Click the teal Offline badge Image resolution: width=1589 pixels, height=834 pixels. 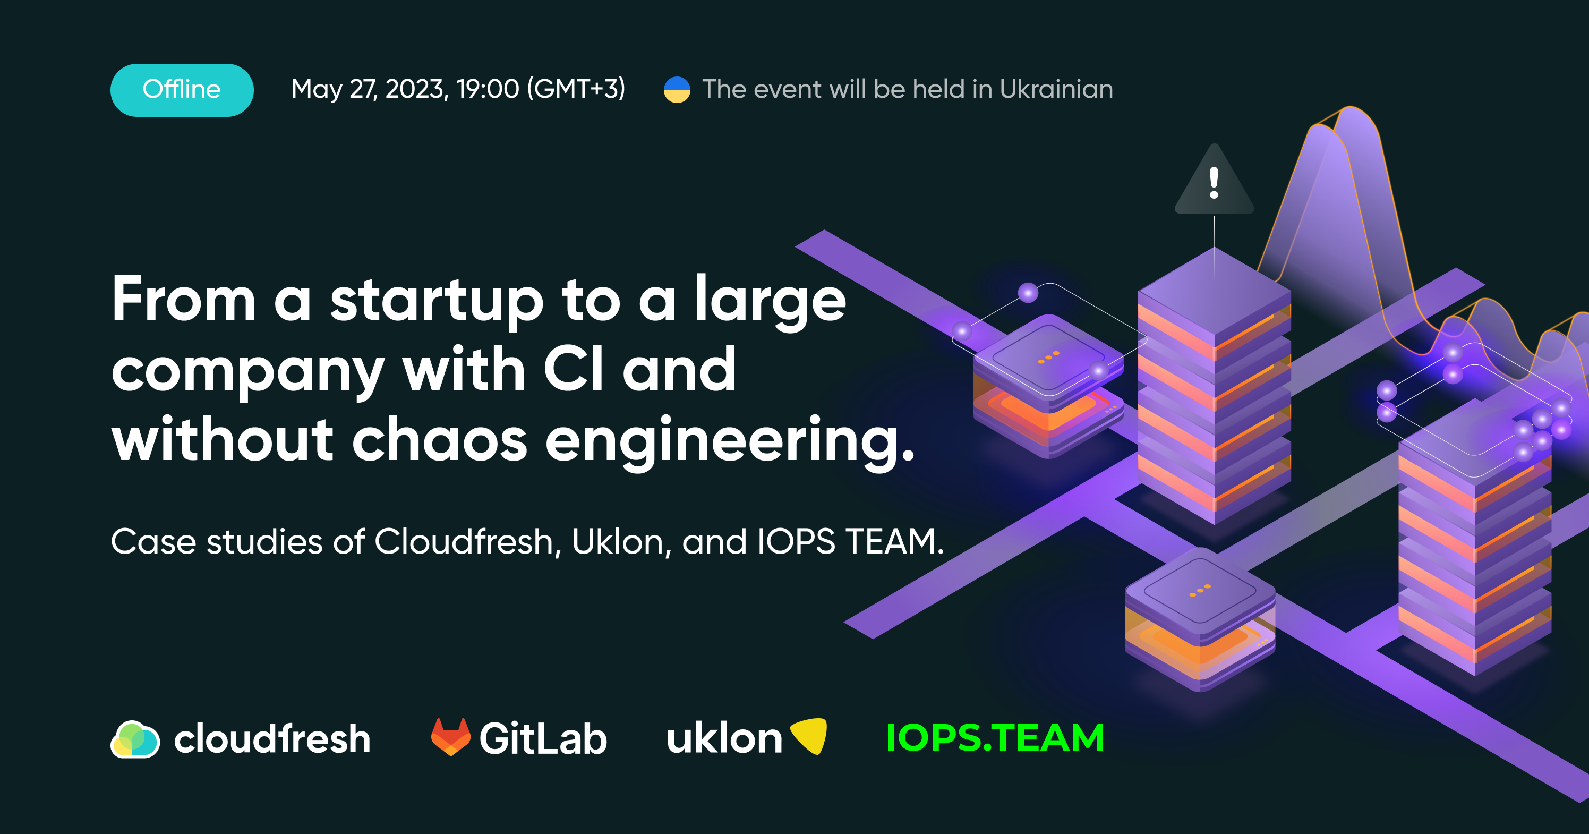[x=182, y=90]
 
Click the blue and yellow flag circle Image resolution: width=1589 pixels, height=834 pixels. [x=677, y=89]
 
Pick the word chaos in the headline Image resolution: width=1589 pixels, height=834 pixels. [x=439, y=440]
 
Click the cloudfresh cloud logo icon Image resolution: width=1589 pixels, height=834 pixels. [x=135, y=738]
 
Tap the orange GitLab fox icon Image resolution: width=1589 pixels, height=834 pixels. [x=451, y=737]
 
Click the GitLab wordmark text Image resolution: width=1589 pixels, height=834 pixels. [x=543, y=738]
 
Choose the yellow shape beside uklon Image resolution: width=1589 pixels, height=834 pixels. [x=809, y=735]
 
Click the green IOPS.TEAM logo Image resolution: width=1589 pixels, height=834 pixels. [x=994, y=738]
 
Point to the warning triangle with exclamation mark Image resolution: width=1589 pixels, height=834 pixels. [x=1214, y=180]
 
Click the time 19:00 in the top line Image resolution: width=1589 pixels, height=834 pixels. [x=488, y=89]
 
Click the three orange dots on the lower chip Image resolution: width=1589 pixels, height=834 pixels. [x=1200, y=590]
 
